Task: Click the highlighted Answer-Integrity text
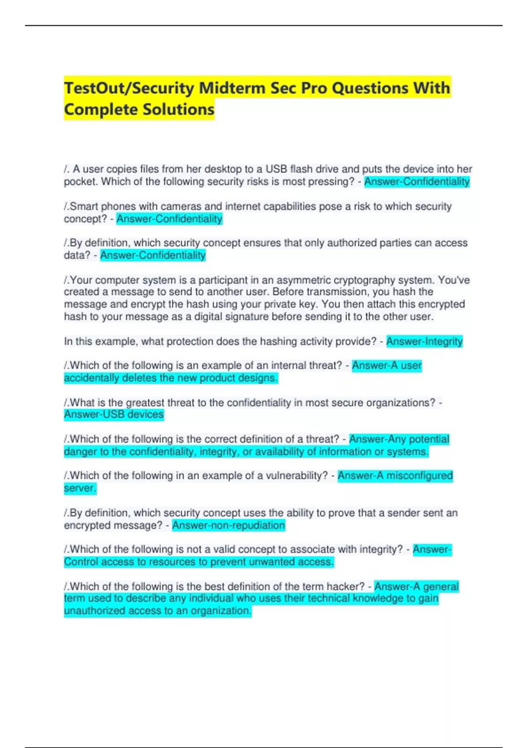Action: [x=424, y=341]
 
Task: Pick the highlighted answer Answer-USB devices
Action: [x=114, y=414]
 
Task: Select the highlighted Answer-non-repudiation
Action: [x=228, y=525]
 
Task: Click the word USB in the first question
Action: [x=276, y=169]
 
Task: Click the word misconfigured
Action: [x=419, y=476]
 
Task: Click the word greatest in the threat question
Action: [x=146, y=403]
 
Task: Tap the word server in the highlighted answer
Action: [x=79, y=488]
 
